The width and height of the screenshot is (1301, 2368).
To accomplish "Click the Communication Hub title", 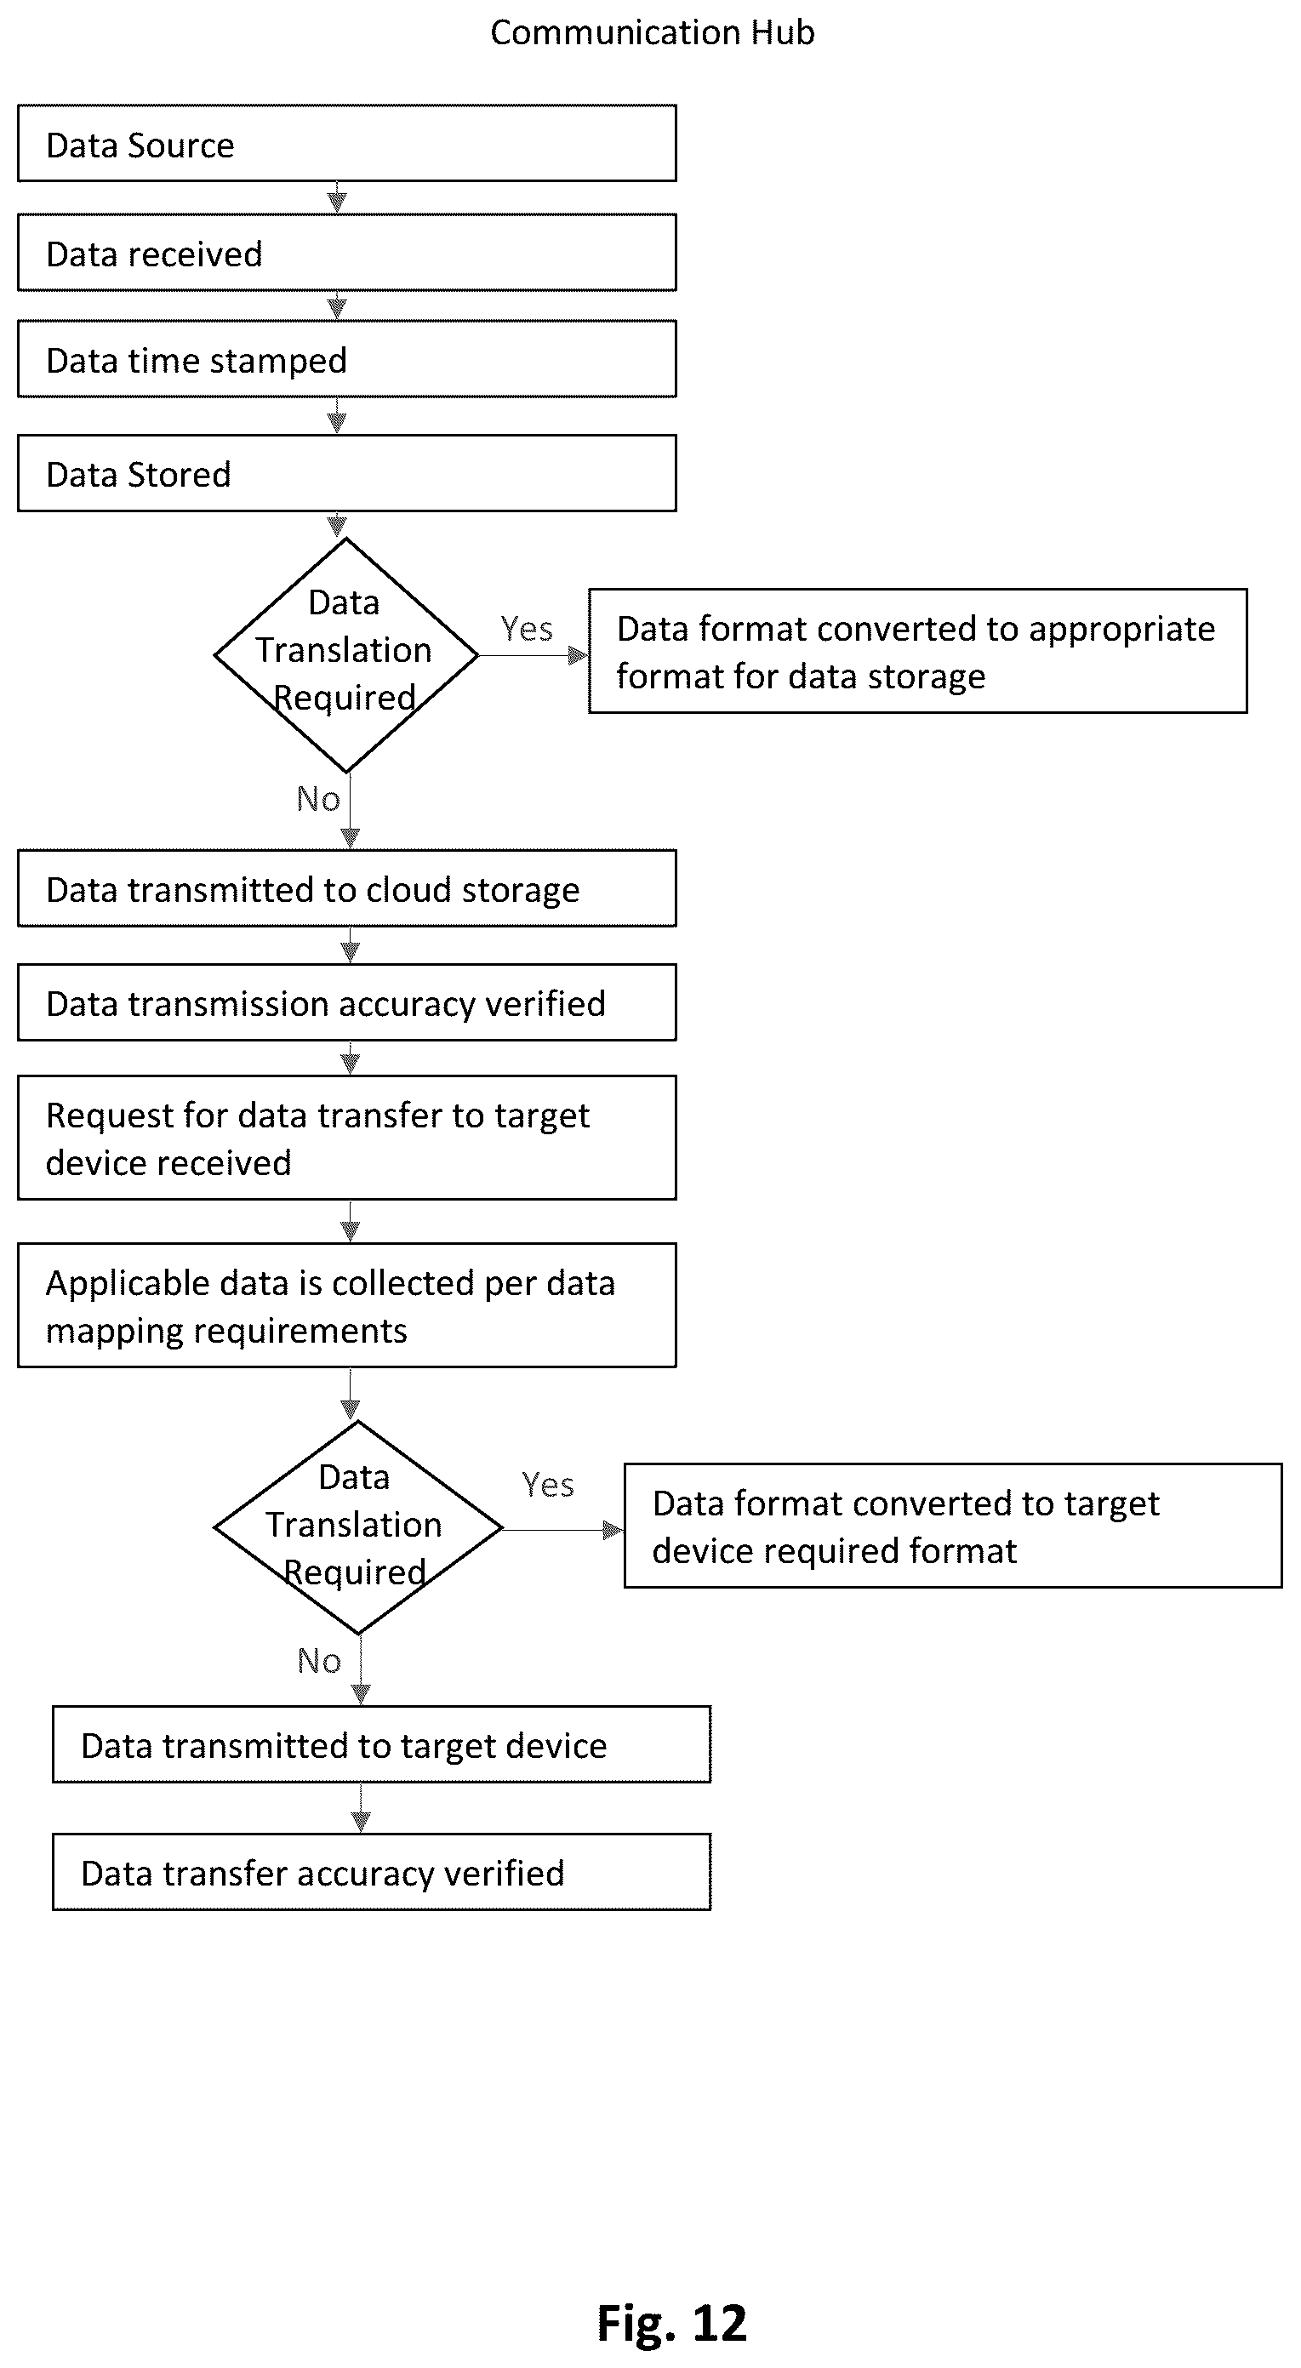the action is click(x=652, y=33).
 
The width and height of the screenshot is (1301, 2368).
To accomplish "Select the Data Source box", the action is click(x=346, y=144).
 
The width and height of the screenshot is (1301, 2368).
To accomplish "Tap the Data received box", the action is click(x=346, y=253).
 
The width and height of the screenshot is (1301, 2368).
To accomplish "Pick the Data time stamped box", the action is click(x=346, y=359).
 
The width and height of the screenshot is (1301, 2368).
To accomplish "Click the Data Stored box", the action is click(x=346, y=473).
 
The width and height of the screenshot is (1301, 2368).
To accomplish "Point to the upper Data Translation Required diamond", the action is click(x=345, y=655).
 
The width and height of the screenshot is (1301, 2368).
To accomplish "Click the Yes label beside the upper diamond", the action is click(x=527, y=629).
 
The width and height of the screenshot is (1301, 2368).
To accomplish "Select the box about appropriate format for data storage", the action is click(x=917, y=651).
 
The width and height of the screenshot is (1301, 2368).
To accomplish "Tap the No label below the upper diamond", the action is click(x=318, y=799).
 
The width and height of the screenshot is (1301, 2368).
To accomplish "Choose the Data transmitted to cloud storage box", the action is click(x=346, y=889).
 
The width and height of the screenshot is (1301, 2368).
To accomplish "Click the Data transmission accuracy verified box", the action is click(x=346, y=1003).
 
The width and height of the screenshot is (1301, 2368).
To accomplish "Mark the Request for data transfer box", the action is click(x=346, y=1138).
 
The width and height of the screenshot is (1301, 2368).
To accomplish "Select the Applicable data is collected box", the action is click(x=346, y=1305).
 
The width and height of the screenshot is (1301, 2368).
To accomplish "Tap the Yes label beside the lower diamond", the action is click(x=548, y=1485).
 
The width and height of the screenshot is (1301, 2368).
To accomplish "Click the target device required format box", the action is click(x=952, y=1526).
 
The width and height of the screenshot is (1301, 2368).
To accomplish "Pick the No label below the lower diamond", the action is click(x=319, y=1660).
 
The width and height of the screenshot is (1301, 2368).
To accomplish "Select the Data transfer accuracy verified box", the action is click(x=381, y=1873).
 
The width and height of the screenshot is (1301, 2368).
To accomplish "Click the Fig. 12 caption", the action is click(x=672, y=2324).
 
